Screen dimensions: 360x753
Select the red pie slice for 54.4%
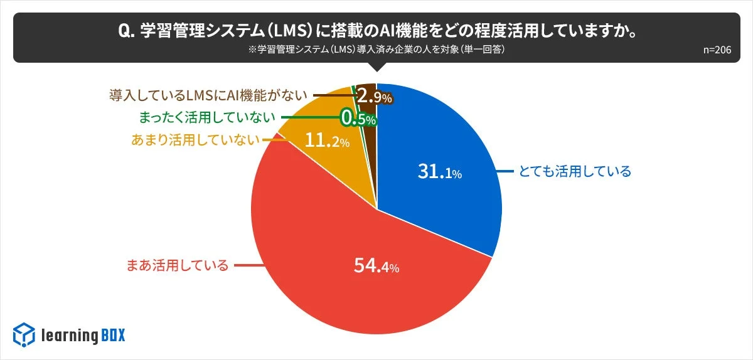351,289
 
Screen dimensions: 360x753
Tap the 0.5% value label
358,118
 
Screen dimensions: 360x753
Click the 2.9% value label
374,97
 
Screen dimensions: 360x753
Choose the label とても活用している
574,171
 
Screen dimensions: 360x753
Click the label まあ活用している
178,265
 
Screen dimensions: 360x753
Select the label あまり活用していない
195,140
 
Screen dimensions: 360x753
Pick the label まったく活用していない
206,117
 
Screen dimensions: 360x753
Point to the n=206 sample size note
717,51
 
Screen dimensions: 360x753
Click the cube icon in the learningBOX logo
24,334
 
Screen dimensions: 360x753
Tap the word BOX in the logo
113,336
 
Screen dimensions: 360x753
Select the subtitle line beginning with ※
376,51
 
